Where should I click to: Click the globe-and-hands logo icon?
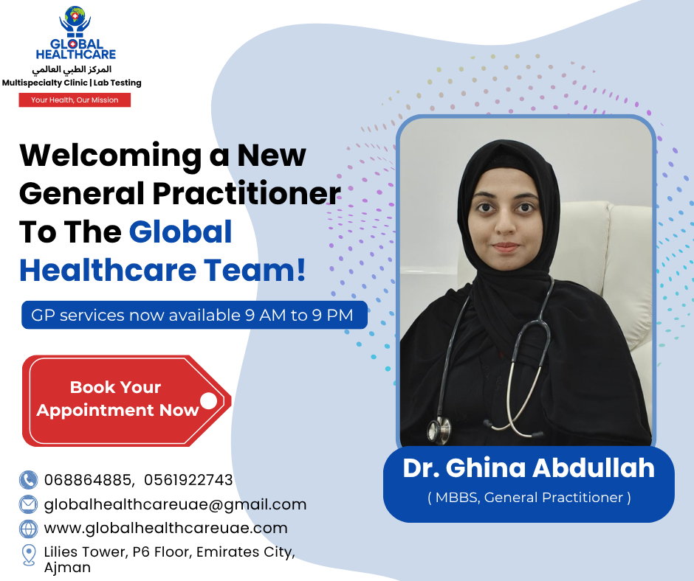(x=75, y=21)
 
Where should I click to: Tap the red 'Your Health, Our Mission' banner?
(x=75, y=100)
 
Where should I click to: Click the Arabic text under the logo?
(x=72, y=69)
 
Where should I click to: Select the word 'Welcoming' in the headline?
(x=111, y=156)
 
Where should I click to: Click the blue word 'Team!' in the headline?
(x=255, y=270)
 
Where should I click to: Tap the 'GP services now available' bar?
(x=194, y=315)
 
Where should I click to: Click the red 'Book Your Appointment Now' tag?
(x=126, y=400)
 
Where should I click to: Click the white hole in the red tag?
(x=208, y=400)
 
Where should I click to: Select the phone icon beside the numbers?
(x=28, y=480)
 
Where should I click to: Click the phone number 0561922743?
(x=188, y=480)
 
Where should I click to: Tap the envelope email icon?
(x=28, y=504)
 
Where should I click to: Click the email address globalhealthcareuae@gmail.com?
(x=175, y=504)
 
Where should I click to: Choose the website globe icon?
(x=28, y=529)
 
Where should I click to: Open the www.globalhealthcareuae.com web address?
(x=166, y=528)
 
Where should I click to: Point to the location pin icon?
(x=29, y=555)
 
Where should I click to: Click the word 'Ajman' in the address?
(x=67, y=568)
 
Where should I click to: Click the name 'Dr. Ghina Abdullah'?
(x=529, y=467)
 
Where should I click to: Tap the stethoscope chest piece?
(x=439, y=429)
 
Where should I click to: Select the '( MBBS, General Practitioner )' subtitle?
(x=529, y=498)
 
